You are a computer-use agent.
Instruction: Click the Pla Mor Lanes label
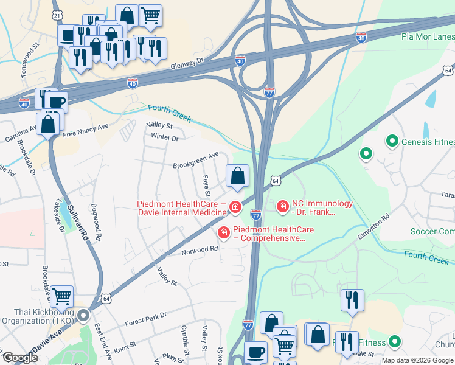428,36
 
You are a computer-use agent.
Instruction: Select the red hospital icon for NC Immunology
282,208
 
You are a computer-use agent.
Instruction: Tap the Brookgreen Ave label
195,160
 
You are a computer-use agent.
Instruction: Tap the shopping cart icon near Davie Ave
62,297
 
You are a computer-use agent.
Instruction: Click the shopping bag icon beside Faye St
237,176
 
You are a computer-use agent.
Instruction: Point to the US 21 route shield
57,13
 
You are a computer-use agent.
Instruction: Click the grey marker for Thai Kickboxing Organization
83,316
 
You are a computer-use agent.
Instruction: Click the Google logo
19,358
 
